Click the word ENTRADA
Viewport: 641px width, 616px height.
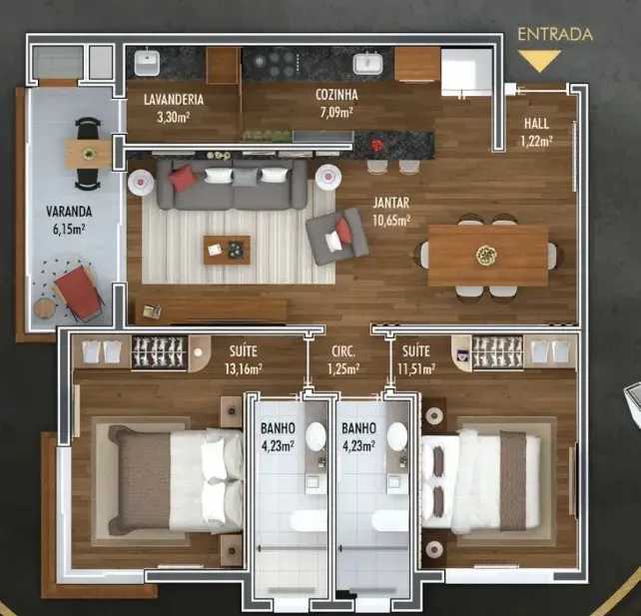click(555, 34)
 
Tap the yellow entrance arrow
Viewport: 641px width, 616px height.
click(539, 60)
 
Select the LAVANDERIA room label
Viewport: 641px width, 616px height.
click(174, 99)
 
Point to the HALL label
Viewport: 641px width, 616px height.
click(536, 124)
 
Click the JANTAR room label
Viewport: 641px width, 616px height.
click(390, 203)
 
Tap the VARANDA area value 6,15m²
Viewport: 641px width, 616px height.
click(69, 230)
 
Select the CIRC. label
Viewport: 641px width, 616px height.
click(343, 351)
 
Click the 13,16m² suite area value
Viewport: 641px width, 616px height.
click(244, 369)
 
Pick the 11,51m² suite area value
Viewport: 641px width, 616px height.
click(416, 369)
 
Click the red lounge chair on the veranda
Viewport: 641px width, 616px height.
click(78, 293)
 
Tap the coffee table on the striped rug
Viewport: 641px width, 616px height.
click(227, 250)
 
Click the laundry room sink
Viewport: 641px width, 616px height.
click(147, 62)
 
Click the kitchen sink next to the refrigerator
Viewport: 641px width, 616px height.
click(367, 64)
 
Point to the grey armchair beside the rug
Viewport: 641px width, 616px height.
click(337, 237)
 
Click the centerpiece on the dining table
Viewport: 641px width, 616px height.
click(486, 256)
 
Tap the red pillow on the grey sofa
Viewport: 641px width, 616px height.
click(183, 178)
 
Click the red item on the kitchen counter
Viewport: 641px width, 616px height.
click(377, 145)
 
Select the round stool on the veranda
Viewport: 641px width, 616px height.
click(44, 308)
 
